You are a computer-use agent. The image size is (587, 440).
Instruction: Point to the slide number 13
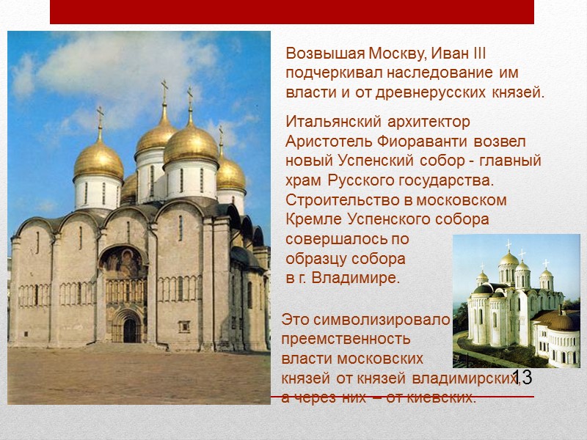point(522,378)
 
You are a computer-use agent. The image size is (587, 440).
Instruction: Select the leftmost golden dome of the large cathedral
point(98,160)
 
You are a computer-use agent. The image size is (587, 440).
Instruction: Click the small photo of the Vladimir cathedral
point(517,301)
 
